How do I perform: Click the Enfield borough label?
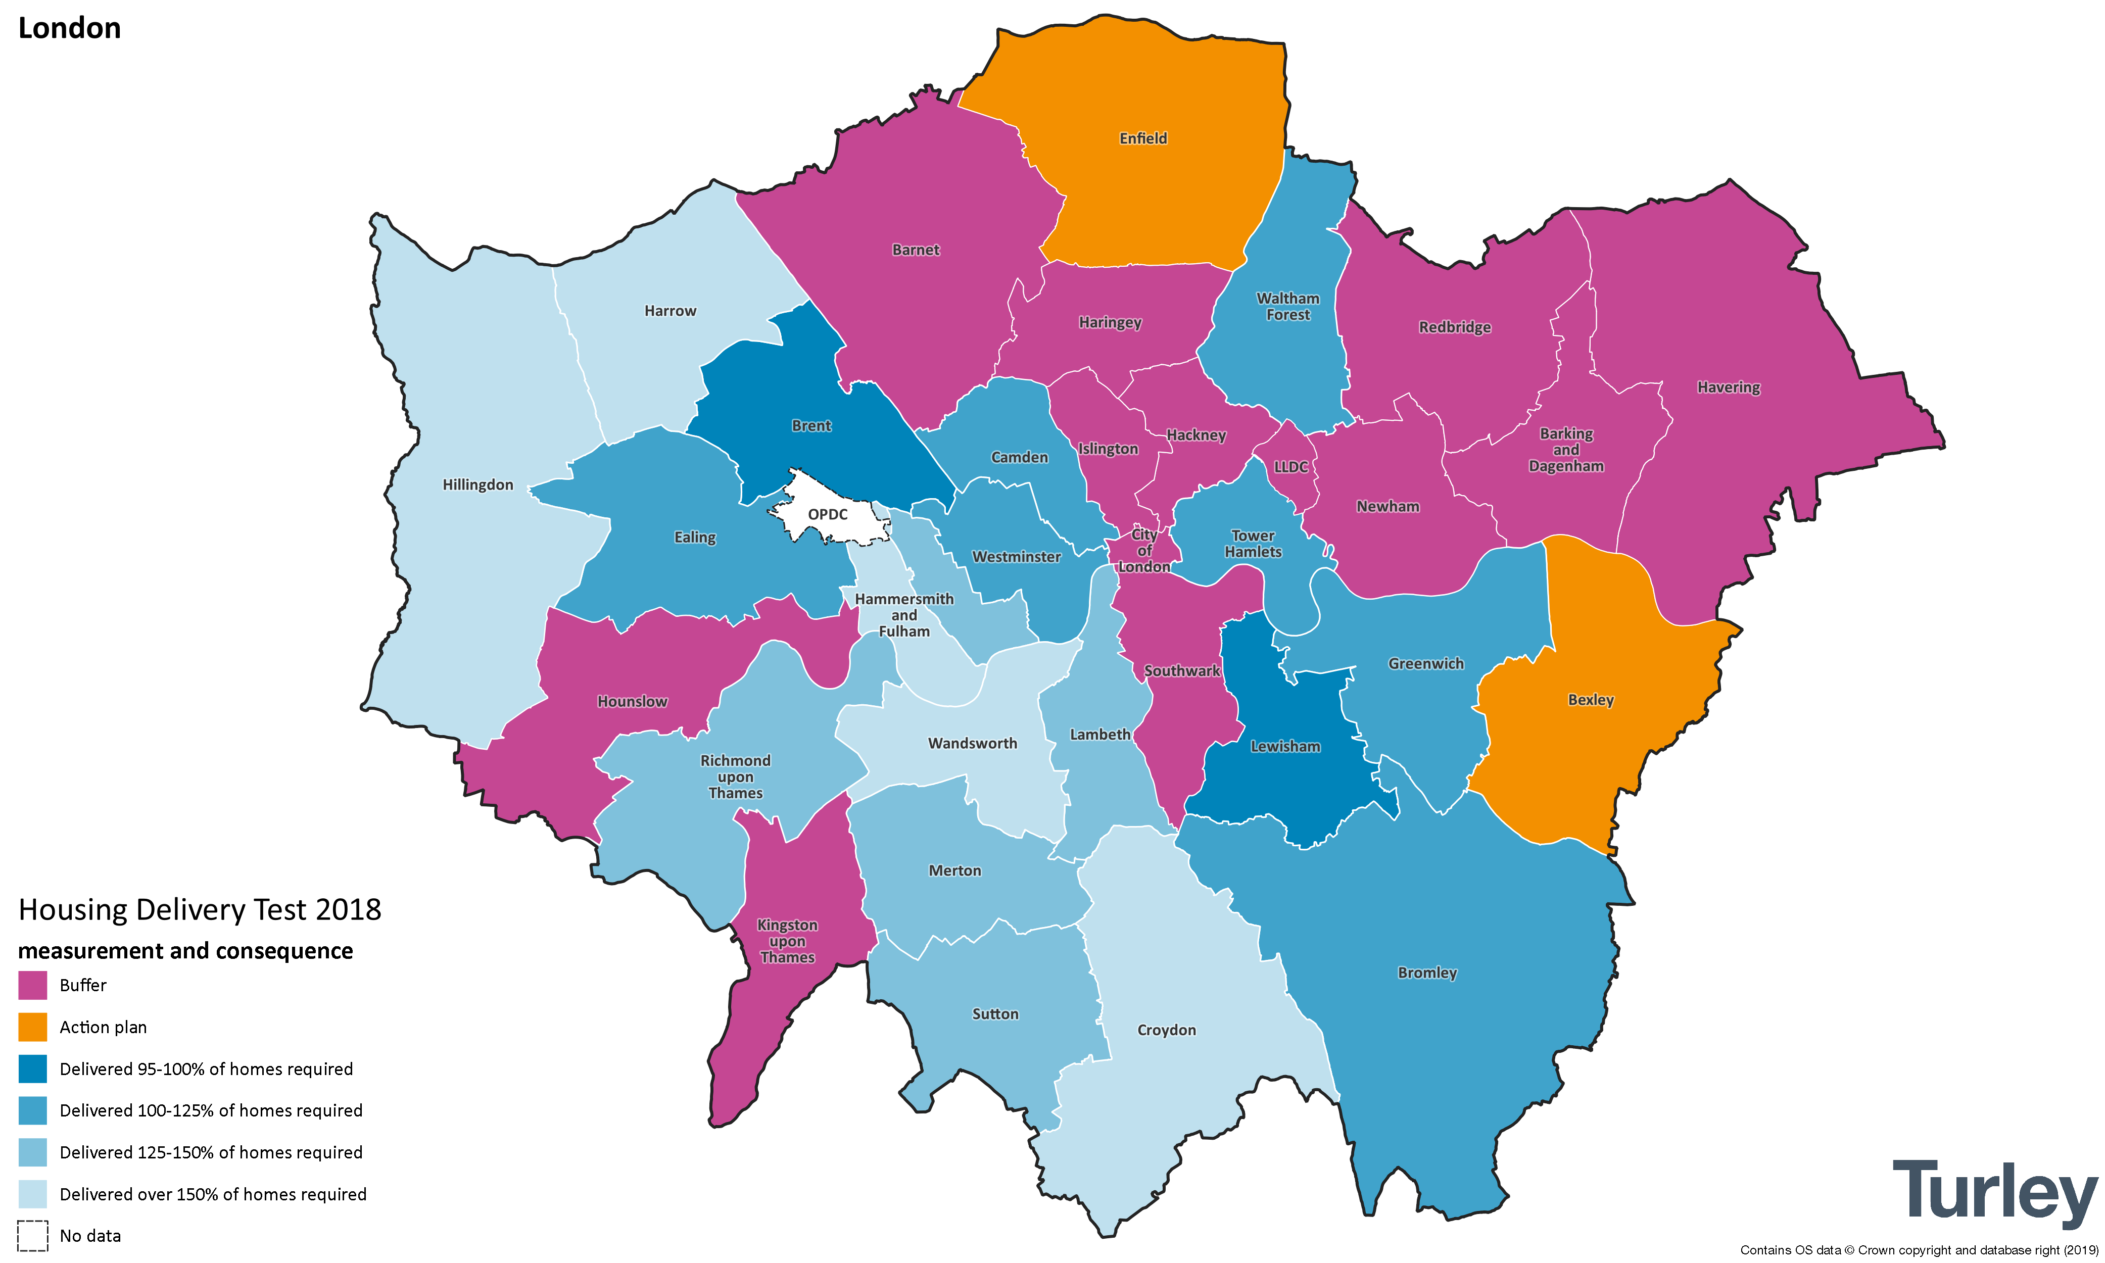tap(1142, 138)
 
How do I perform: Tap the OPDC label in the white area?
tap(827, 514)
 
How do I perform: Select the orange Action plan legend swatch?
tap(32, 1027)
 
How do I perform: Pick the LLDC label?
tap(1290, 466)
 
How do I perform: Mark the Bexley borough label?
tap(1590, 700)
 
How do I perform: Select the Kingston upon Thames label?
tap(787, 941)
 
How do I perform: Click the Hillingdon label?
tap(477, 484)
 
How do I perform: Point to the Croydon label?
tap(1166, 1030)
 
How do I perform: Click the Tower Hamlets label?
tap(1253, 543)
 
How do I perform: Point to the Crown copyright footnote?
tap(1919, 1249)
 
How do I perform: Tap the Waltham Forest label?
tap(1288, 306)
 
